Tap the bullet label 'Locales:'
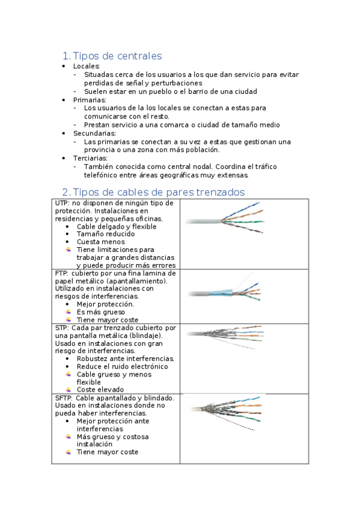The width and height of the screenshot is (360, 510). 87,66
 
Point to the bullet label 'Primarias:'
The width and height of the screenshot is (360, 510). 90,100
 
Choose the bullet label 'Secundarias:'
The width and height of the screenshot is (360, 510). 94,133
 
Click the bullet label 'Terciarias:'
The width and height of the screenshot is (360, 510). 90,158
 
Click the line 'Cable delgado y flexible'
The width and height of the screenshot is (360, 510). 117,227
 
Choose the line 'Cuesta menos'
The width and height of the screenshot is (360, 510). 101,242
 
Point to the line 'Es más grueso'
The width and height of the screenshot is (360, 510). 101,312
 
